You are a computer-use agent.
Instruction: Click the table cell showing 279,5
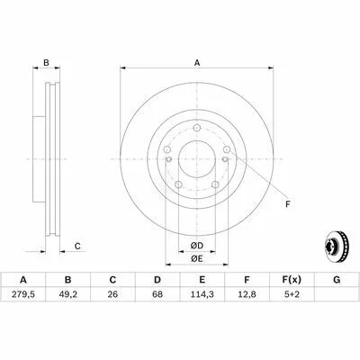click(23, 294)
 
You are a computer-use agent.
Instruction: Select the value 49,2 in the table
click(67, 294)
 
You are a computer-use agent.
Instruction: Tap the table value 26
click(112, 294)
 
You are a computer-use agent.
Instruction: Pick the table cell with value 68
click(157, 294)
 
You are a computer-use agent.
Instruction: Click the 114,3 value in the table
click(202, 294)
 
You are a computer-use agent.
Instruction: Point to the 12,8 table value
click(247, 294)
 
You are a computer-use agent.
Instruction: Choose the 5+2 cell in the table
click(292, 294)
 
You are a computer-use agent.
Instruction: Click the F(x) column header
click(292, 280)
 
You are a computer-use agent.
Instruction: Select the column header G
click(337, 280)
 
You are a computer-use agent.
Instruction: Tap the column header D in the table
click(157, 280)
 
